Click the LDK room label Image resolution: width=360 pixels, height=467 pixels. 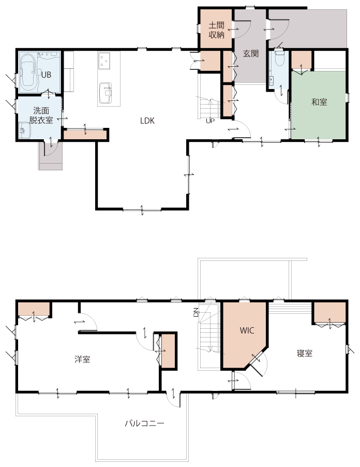[x=147, y=121]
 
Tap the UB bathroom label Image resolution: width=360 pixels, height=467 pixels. [x=46, y=75]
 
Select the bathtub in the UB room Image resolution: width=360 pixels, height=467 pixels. [x=28, y=72]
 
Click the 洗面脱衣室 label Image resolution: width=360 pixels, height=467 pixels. [x=41, y=115]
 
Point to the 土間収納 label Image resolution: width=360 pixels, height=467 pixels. [x=216, y=30]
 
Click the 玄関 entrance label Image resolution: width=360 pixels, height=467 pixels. [x=251, y=54]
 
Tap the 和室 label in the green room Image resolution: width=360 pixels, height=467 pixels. [x=319, y=102]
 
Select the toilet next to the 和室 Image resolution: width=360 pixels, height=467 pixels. [x=279, y=59]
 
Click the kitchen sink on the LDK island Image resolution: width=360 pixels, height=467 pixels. [x=106, y=93]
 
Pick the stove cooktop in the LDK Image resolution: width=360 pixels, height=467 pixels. [x=104, y=61]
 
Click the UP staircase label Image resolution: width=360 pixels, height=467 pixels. [x=210, y=121]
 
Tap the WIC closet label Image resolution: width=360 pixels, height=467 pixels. [x=247, y=330]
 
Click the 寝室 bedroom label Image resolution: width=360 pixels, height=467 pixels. [x=305, y=354]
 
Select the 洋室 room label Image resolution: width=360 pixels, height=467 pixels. [x=82, y=359]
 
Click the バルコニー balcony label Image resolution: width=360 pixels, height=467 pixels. [x=144, y=423]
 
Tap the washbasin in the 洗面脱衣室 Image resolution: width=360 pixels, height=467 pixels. [x=24, y=130]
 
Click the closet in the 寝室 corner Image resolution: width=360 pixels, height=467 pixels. [x=329, y=313]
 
